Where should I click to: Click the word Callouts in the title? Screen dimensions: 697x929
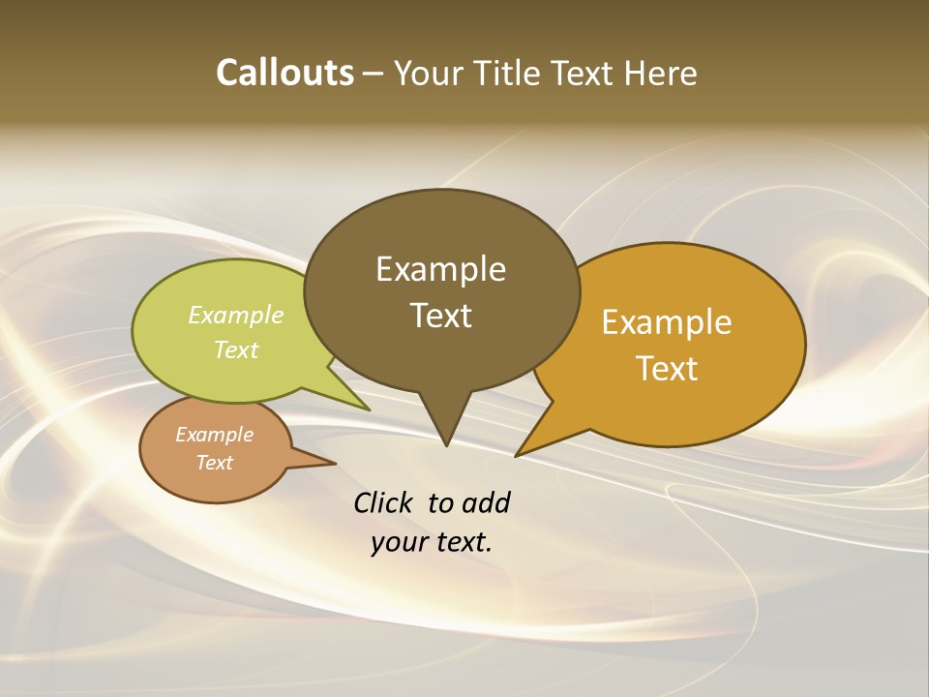tap(285, 73)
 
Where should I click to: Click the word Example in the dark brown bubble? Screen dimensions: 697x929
tap(440, 269)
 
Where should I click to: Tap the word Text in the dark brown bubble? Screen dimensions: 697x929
tap(441, 316)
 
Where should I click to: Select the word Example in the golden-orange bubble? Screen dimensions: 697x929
tap(667, 322)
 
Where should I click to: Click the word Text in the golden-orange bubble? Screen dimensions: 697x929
tap(668, 369)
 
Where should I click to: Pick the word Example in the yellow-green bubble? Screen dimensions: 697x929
tap(236, 316)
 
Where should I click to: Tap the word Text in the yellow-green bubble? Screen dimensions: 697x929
tap(236, 350)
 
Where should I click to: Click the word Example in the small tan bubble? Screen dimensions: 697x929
tap(214, 435)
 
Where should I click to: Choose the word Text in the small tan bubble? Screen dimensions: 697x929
tap(215, 463)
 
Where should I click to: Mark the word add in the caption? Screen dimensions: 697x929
tap(486, 503)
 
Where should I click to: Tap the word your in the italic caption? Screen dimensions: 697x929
tap(396, 542)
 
